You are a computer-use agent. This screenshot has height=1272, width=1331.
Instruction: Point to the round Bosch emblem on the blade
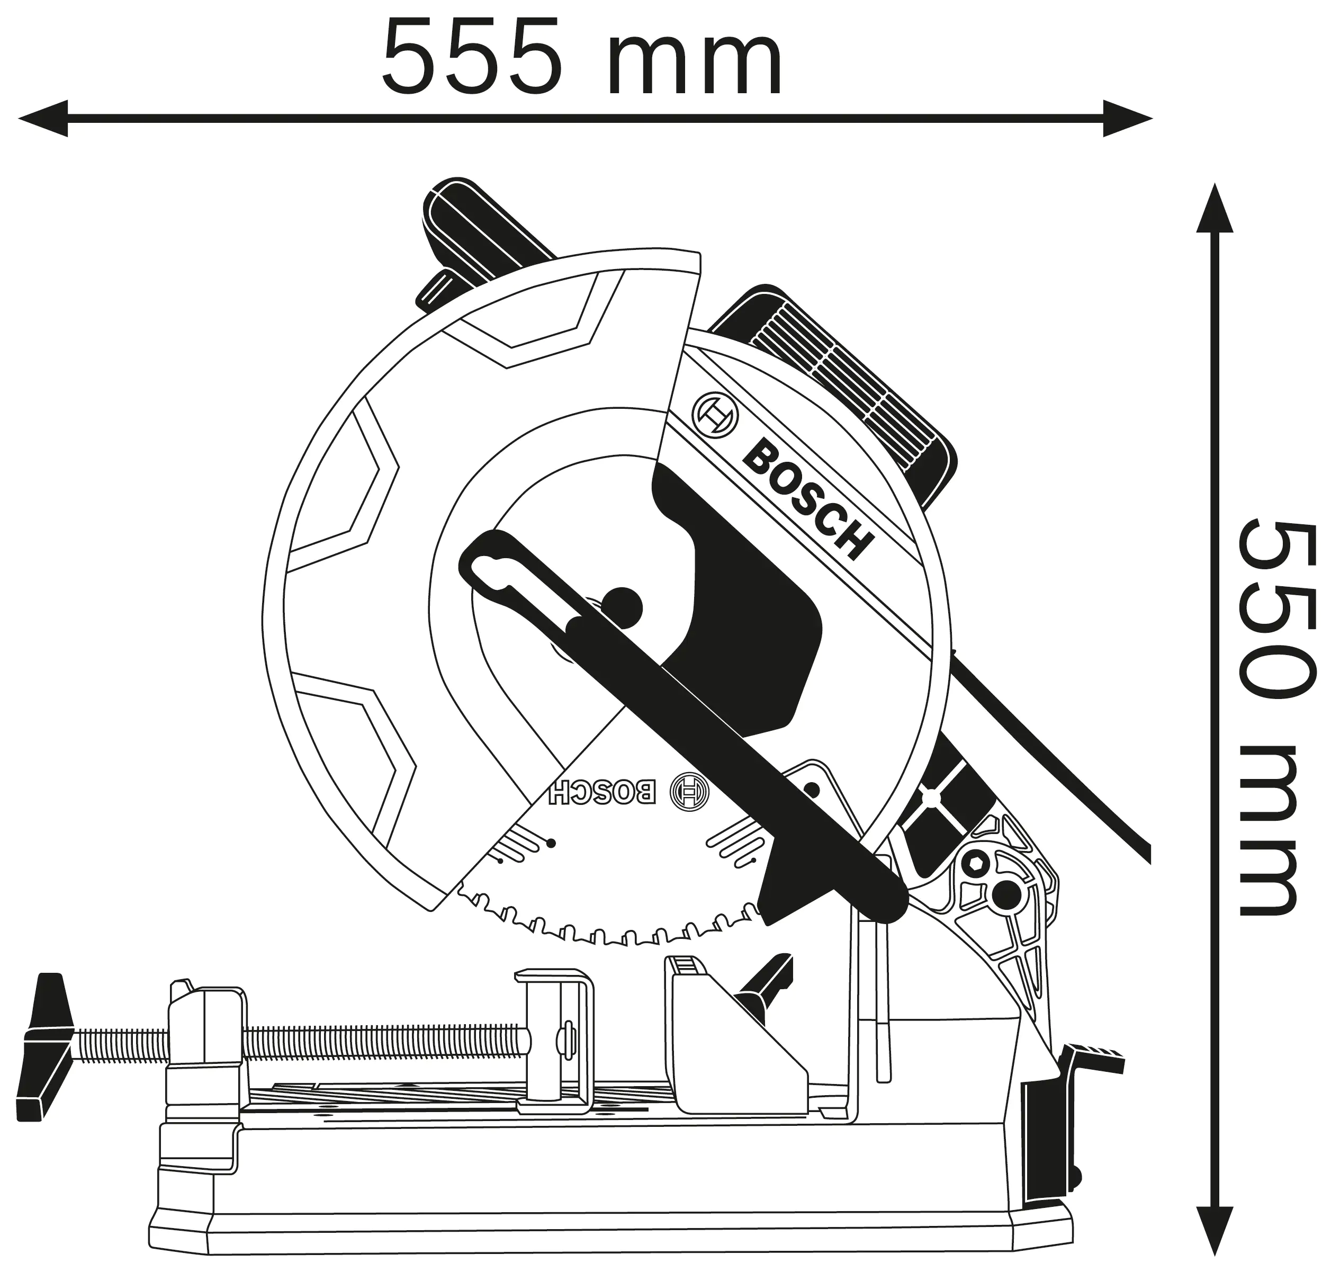pyautogui.click(x=689, y=792)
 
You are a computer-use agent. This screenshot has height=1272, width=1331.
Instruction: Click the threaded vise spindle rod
pyautogui.click(x=380, y=1044)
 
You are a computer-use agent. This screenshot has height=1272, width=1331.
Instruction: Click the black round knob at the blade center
pyautogui.click(x=620, y=604)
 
